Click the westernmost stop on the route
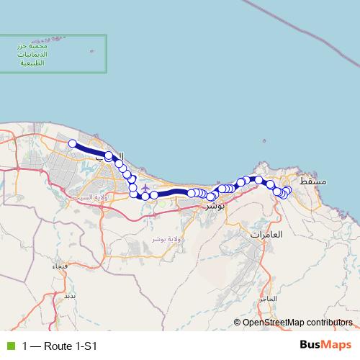point(72,143)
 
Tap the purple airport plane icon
point(145,188)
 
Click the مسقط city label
point(312,182)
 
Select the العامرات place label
point(266,235)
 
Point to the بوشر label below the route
point(215,206)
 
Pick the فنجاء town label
point(60,266)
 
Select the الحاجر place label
point(269,297)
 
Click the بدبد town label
point(69,296)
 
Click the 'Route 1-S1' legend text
point(70,346)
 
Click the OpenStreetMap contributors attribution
point(297,323)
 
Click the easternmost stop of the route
point(288,190)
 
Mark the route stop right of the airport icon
point(154,195)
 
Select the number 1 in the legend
point(25,346)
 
